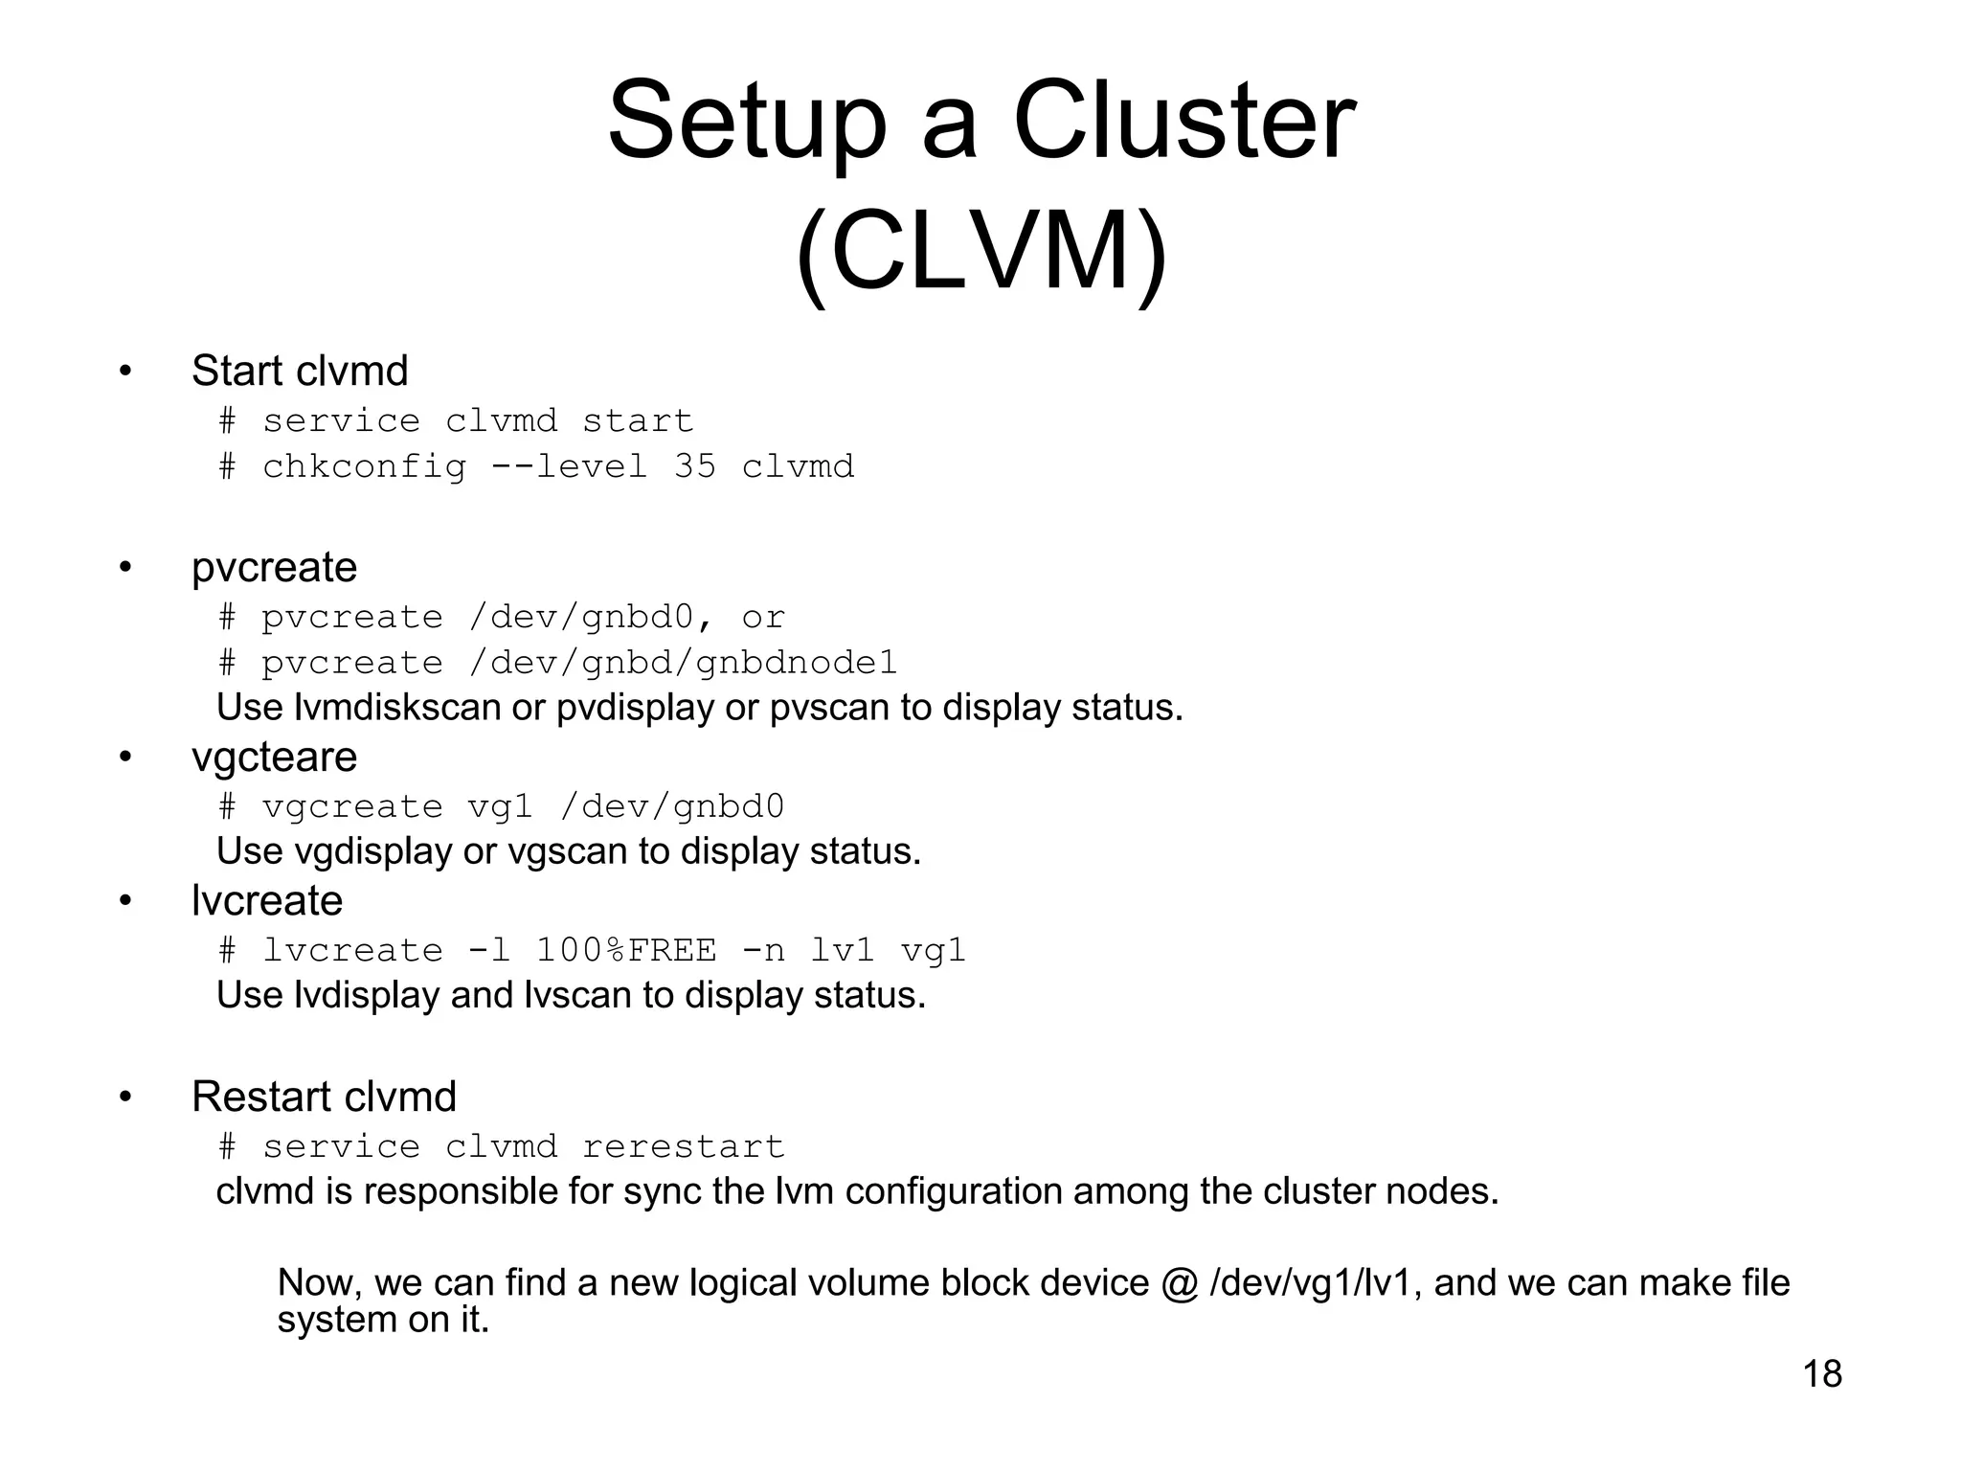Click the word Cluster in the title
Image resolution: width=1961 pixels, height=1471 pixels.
pos(1183,123)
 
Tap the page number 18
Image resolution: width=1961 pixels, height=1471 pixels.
pos(1822,1373)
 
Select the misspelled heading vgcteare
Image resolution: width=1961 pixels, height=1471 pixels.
pos(274,758)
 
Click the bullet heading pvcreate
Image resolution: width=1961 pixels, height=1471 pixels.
pos(274,568)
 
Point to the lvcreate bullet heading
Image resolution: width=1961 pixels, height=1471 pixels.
pos(267,901)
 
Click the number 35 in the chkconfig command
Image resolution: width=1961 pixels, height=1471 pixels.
pos(694,466)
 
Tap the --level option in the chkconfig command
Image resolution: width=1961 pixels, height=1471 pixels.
pos(569,466)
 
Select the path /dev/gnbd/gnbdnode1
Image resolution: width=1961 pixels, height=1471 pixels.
pos(683,663)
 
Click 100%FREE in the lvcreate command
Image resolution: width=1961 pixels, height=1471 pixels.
pos(625,950)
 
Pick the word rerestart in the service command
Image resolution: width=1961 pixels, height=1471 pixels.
pos(683,1146)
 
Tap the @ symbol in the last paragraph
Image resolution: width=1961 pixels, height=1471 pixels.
pos(1179,1283)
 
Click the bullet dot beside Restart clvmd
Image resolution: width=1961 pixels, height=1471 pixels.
pos(125,1098)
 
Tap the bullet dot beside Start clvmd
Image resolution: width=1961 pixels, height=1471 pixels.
pos(125,372)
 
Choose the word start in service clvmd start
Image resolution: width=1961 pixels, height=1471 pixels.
pos(637,420)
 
